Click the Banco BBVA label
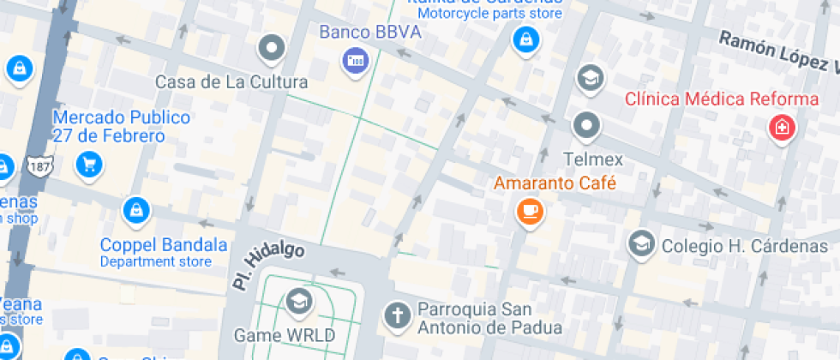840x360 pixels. click(370, 33)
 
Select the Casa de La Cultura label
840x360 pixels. click(231, 82)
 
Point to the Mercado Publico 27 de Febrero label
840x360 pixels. click(109, 126)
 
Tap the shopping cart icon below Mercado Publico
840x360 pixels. click(88, 164)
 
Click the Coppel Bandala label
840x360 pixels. click(164, 244)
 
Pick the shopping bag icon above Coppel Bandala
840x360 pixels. click(135, 209)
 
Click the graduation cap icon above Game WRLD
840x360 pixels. click(298, 301)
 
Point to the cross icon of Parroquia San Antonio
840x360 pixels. click(397, 315)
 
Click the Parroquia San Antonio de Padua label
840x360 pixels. click(489, 318)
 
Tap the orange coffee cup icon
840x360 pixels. click(530, 211)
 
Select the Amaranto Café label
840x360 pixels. click(555, 183)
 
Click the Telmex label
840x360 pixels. click(592, 159)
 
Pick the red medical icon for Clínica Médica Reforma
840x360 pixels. click(781, 129)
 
